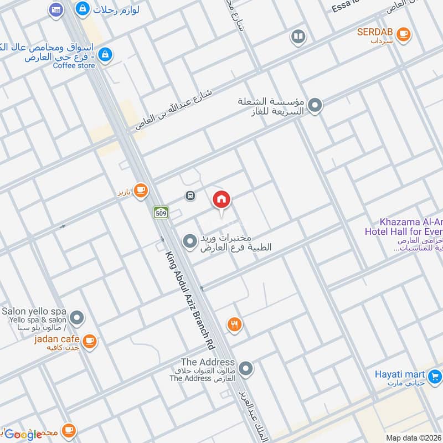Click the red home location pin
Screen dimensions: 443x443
(x=221, y=200)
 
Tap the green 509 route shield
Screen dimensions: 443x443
(x=161, y=212)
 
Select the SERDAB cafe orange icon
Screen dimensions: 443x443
(x=404, y=34)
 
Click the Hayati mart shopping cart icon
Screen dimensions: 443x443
(x=435, y=376)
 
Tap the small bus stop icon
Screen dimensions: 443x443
(x=190, y=195)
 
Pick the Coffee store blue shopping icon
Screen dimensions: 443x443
(x=107, y=54)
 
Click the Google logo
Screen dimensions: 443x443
(x=23, y=435)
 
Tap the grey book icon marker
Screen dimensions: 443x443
(x=298, y=37)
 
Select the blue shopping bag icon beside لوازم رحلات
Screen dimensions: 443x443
(x=83, y=8)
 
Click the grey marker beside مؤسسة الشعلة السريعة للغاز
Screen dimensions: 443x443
(x=315, y=105)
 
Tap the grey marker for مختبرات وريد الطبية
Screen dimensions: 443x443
(x=190, y=241)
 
